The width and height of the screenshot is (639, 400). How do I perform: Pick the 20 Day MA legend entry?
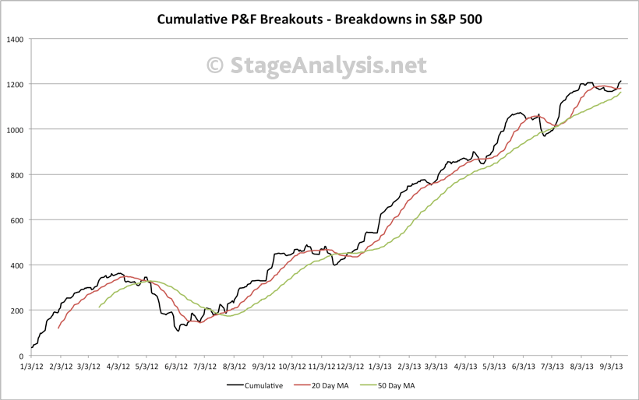[x=323, y=384]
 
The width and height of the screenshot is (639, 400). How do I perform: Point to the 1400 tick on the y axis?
[x=15, y=39]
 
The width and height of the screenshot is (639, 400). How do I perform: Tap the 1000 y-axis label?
[x=15, y=129]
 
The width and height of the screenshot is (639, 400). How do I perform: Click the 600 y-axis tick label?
[x=17, y=220]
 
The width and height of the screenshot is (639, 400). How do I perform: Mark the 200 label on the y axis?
[x=17, y=311]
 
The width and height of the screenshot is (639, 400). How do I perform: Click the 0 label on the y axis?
[x=22, y=356]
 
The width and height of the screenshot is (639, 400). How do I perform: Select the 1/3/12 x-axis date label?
[x=32, y=366]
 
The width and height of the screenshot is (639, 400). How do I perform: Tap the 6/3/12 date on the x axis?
[x=176, y=366]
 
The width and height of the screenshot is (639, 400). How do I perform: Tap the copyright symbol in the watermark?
[x=217, y=66]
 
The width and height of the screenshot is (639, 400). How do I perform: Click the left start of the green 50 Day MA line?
[x=100, y=307]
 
